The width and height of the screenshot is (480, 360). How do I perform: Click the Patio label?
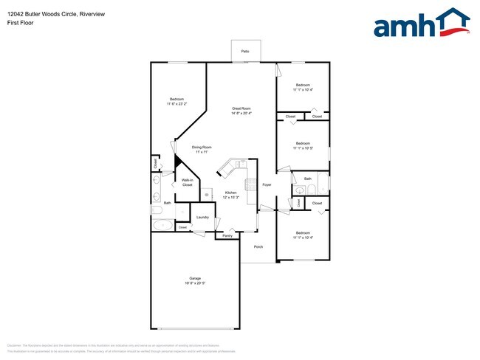244,51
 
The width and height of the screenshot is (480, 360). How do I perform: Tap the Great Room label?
241,108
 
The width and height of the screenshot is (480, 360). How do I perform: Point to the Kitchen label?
230,193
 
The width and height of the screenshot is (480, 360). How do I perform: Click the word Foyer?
267,184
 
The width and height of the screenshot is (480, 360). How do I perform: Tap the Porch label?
258,246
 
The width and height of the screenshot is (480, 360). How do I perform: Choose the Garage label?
195,278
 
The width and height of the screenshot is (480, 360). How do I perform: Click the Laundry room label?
202,218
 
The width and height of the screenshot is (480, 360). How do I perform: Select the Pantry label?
227,236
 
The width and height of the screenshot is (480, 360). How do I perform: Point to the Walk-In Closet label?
188,182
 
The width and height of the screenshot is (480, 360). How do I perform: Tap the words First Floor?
21,23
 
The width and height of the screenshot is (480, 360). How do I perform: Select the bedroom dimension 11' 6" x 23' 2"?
176,104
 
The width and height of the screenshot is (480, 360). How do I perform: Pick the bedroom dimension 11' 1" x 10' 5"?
303,148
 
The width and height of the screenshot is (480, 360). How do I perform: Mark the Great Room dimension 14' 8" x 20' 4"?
241,114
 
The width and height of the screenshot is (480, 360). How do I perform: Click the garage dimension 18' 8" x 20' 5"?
195,283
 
